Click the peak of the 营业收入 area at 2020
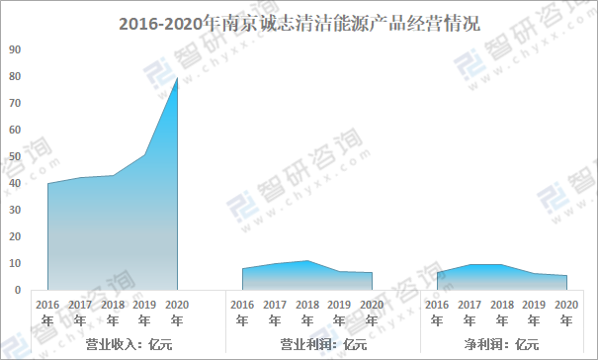pyautogui.click(x=177, y=77)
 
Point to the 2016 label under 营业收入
pyautogui.click(x=47, y=312)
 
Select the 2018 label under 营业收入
pyautogui.click(x=113, y=312)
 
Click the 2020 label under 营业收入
pyautogui.click(x=177, y=312)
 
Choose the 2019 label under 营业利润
pyautogui.click(x=340, y=312)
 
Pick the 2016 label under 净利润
pyautogui.click(x=437, y=312)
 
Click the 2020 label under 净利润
pyautogui.click(x=566, y=312)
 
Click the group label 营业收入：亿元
pyautogui.click(x=112, y=344)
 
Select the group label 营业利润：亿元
pyautogui.click(x=307, y=344)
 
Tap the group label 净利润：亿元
pyautogui.click(x=501, y=344)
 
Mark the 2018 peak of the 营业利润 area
pyautogui.click(x=307, y=261)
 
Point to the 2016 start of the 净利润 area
pyautogui.click(x=437, y=272)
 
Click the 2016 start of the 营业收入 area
pyautogui.click(x=47, y=183)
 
